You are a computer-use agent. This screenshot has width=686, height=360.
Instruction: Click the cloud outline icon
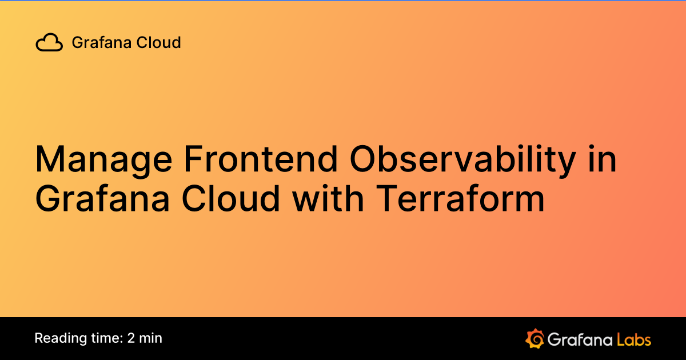click(x=49, y=43)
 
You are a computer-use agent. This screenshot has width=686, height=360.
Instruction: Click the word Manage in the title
click(x=102, y=161)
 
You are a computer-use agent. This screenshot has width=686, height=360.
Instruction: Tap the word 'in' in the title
click(x=601, y=159)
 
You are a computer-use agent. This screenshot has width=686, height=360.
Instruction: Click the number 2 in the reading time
click(x=132, y=338)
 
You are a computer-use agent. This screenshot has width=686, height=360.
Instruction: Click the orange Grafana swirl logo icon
click(x=535, y=338)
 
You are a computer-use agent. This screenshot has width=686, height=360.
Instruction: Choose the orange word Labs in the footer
click(x=633, y=339)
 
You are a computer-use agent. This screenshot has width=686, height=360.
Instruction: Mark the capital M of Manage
click(x=48, y=159)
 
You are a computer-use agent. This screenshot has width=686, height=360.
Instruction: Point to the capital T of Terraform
click(x=384, y=199)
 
